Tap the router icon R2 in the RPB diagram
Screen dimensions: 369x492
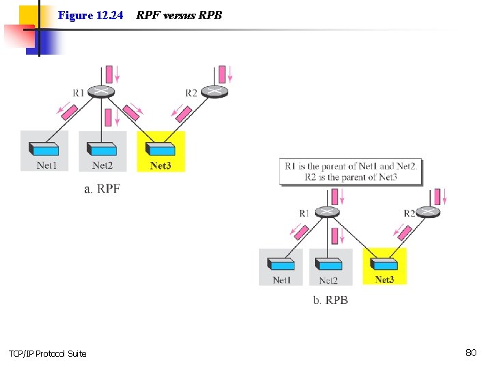428,212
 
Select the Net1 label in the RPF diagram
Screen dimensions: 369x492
46,165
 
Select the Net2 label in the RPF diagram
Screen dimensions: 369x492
102,165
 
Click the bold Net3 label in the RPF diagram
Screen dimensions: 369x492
161,165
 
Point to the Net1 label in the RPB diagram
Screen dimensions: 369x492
282,279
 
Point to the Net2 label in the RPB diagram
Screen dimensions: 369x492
329,280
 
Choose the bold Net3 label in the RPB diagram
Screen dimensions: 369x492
384,279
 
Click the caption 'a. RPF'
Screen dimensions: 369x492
102,189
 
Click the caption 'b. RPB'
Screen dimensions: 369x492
330,300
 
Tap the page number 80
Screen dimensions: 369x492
470,353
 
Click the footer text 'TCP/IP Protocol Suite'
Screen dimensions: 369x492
48,353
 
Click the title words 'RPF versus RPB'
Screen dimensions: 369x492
179,14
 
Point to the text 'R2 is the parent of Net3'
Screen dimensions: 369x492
351,177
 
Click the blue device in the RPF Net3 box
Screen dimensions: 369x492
161,149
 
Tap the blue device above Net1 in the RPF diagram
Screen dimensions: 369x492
45,149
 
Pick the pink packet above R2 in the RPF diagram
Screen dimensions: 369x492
222,74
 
